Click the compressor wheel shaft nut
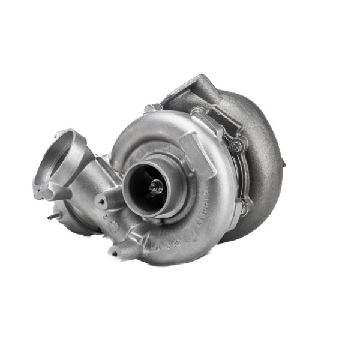(x=154, y=187)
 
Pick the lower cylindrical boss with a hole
(x=118, y=251)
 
